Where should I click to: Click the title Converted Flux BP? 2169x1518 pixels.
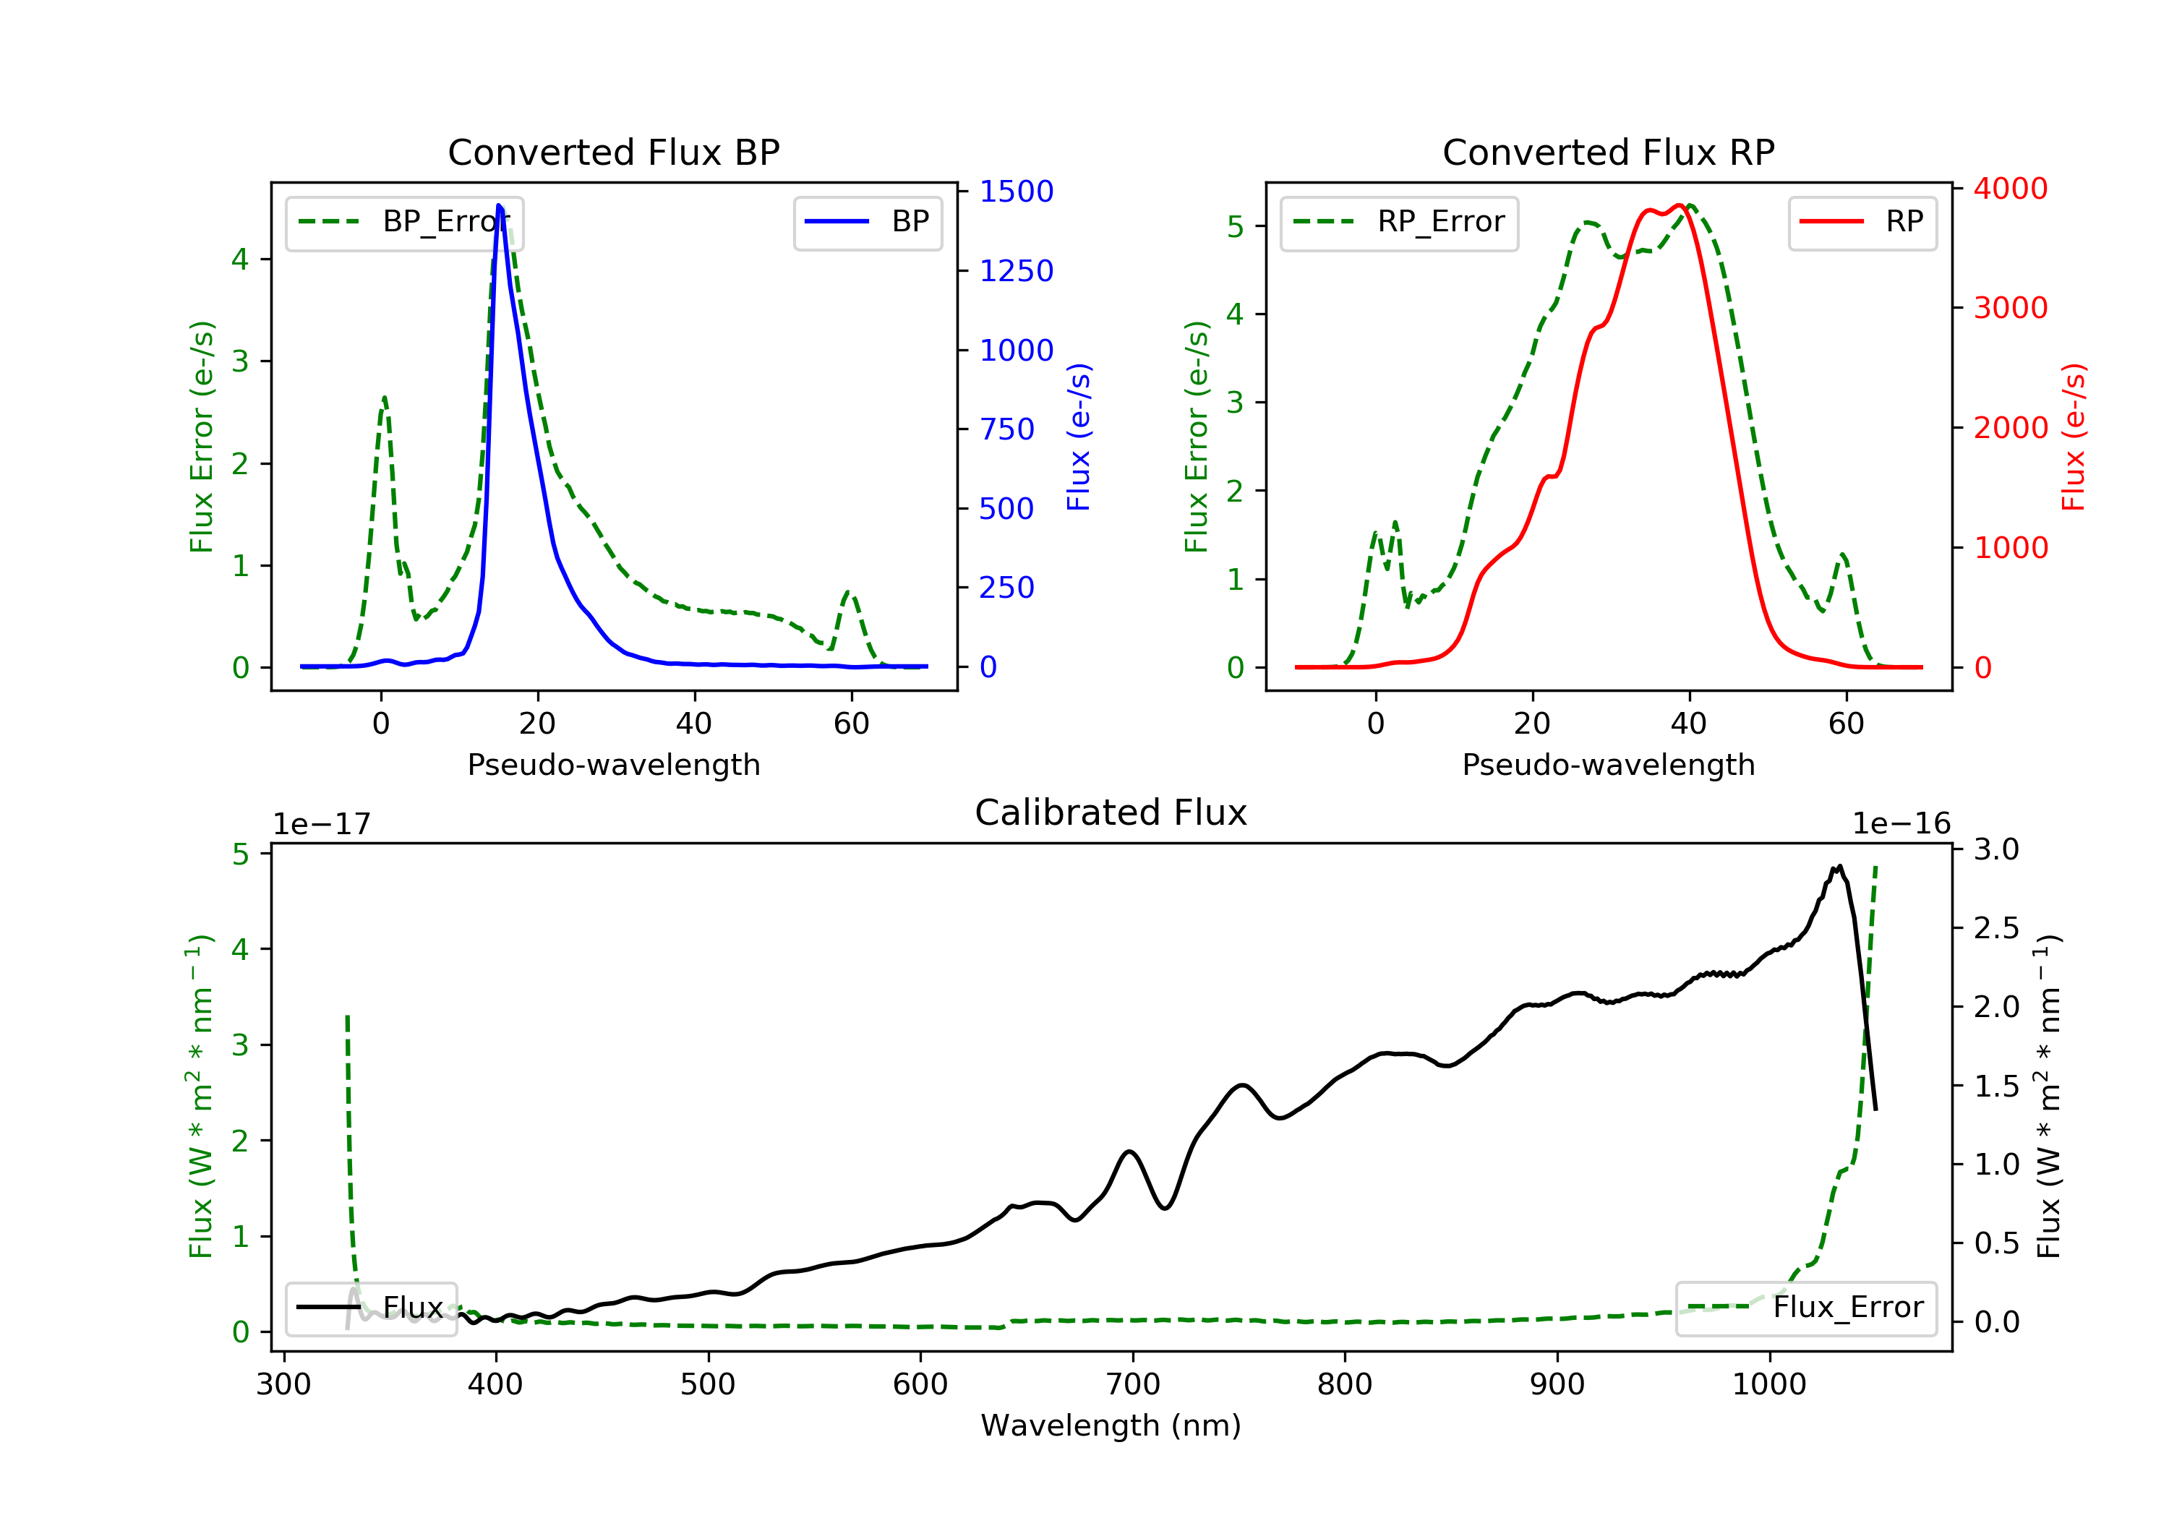[613, 152]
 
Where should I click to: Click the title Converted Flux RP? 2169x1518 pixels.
[1608, 152]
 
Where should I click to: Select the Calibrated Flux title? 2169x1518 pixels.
[1111, 812]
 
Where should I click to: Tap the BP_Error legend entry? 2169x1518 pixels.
[403, 222]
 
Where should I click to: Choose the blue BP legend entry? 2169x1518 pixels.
[867, 222]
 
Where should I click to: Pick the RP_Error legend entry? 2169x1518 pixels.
[1398, 222]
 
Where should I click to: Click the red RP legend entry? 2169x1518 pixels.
[1862, 222]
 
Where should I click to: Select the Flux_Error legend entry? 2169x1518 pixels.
[1805, 1308]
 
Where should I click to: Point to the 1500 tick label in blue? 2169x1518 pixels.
[1016, 192]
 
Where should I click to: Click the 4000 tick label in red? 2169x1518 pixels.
[2010, 189]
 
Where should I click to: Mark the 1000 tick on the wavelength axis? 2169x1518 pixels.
[1768, 1385]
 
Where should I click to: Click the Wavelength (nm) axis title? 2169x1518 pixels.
[1111, 1425]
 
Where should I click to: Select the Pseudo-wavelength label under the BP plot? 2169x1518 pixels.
[614, 764]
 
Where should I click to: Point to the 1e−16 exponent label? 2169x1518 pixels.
[1901, 824]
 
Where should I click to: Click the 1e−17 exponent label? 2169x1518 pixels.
[322, 824]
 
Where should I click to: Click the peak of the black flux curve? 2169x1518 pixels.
[1839, 865]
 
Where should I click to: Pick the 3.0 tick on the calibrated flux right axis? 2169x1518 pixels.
[1996, 849]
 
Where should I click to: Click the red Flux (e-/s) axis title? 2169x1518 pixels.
[2074, 437]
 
